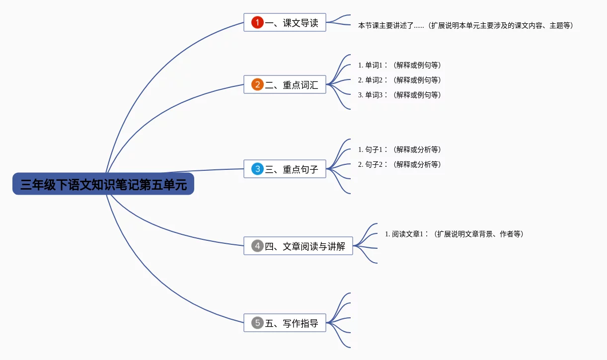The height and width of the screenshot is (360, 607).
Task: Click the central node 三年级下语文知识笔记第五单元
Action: coord(103,184)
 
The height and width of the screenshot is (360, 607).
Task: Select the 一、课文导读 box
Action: coord(285,23)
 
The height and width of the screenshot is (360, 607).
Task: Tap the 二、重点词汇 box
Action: coord(285,85)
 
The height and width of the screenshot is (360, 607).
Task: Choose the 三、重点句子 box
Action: coord(285,169)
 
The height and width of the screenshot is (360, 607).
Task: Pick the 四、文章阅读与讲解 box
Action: coord(298,246)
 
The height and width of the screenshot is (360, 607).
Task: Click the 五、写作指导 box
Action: coord(285,323)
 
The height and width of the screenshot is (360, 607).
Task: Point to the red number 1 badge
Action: coord(257,22)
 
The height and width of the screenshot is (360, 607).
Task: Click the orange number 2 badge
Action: coord(257,84)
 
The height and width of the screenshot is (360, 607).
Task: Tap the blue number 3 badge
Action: coord(257,169)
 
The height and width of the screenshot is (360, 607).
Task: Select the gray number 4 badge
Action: coord(257,246)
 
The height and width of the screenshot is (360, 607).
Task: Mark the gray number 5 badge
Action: coord(257,323)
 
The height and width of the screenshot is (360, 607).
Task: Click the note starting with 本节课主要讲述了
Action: coord(466,25)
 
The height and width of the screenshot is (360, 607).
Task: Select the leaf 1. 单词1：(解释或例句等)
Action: coord(400,65)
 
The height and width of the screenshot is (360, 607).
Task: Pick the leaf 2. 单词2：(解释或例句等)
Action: coord(400,80)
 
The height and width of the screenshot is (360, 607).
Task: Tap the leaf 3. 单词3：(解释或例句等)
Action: coord(400,95)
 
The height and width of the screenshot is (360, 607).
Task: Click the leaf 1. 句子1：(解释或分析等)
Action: coord(400,149)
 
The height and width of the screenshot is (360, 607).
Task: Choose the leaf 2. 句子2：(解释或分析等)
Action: coord(400,164)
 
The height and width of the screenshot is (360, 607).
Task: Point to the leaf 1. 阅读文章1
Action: coord(455,234)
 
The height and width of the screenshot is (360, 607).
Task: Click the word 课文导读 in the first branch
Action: coord(301,23)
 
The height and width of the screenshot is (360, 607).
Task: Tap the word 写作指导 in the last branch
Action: coord(301,323)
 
